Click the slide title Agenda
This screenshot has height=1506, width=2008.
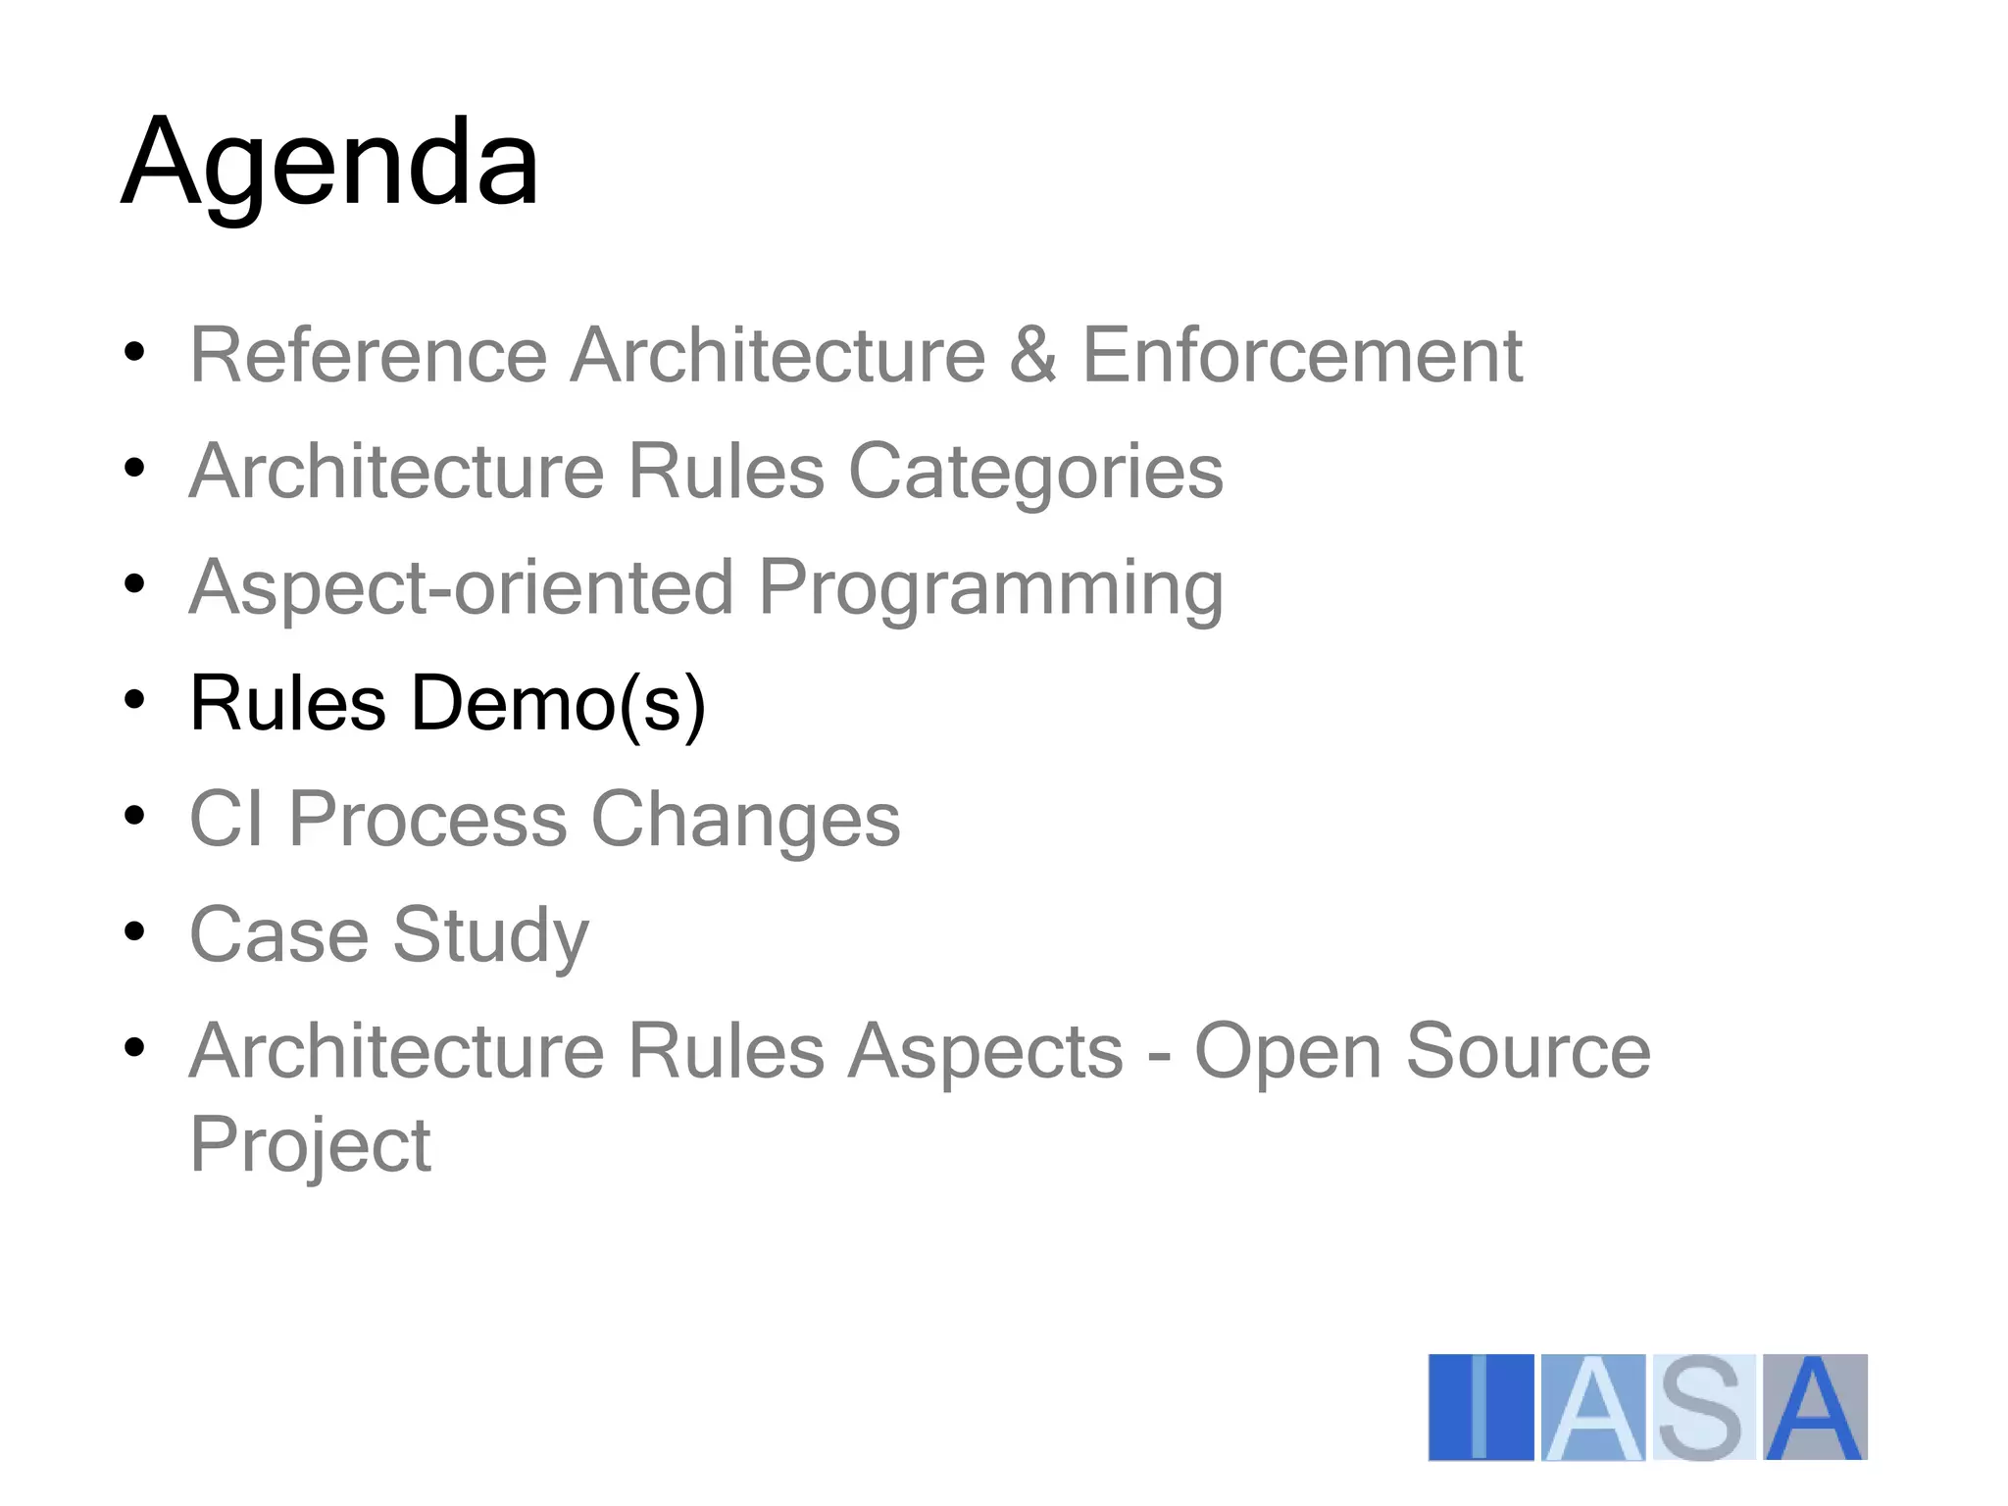(x=329, y=163)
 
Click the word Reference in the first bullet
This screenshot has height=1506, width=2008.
(x=368, y=355)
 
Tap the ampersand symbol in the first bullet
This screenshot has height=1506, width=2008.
(x=1032, y=355)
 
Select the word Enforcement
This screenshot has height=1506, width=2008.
(x=1302, y=355)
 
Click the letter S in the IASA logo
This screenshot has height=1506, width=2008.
(x=1703, y=1407)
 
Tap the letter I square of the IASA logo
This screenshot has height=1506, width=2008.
(x=1481, y=1407)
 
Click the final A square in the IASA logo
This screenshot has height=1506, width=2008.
(x=1815, y=1407)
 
